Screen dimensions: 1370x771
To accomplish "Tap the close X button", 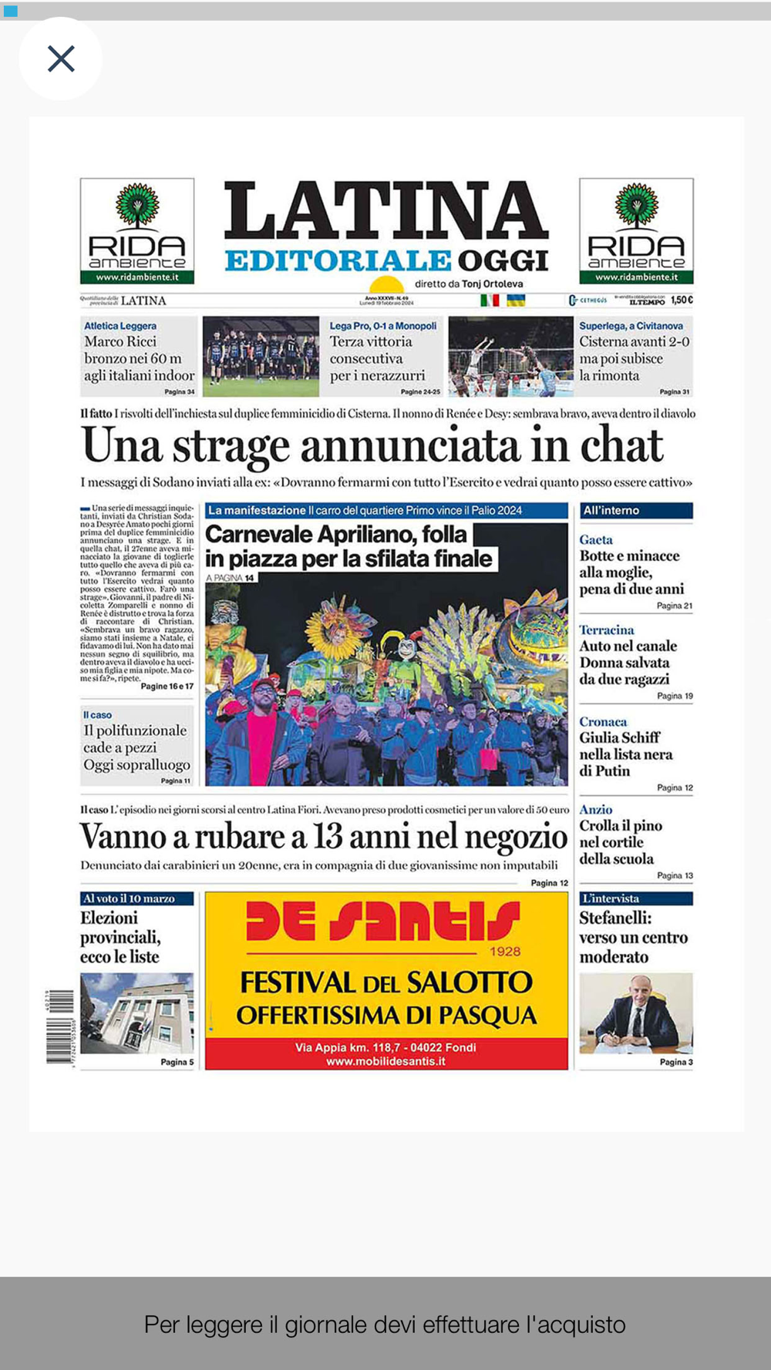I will [x=61, y=59].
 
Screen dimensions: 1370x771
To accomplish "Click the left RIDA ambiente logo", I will [x=137, y=231].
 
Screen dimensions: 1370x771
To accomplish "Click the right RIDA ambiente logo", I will [x=636, y=231].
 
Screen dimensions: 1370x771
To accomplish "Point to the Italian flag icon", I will [x=490, y=300].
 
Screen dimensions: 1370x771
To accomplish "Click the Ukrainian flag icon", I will [x=515, y=300].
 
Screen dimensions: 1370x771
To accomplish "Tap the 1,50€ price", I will [x=682, y=300].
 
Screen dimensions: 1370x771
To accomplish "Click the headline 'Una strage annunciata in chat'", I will [x=372, y=445].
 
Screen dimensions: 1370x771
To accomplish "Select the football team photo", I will [x=261, y=356].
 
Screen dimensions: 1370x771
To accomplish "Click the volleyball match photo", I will [x=510, y=356].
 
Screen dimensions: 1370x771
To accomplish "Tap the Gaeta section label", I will [x=596, y=540].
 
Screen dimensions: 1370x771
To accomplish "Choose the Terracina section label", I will [x=607, y=630].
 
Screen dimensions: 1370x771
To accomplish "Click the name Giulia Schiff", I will [x=620, y=737].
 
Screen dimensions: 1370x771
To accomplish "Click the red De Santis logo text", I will [x=383, y=922].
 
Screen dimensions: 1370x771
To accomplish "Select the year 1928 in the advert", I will [x=505, y=952].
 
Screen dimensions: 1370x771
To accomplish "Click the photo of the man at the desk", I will [x=636, y=1012].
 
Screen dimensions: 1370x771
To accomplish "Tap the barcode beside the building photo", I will [x=60, y=1026].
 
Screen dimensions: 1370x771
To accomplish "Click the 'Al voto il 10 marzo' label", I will [x=130, y=898].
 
